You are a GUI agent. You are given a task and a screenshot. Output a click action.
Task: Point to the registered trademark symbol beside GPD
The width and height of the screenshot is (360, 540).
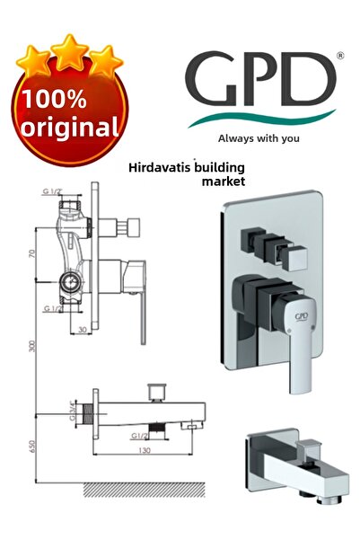[x=338, y=56]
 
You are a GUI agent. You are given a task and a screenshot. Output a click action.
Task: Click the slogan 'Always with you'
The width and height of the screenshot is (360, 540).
[x=259, y=138]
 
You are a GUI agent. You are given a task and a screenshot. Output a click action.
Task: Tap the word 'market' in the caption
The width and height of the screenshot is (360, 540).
[x=224, y=181]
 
